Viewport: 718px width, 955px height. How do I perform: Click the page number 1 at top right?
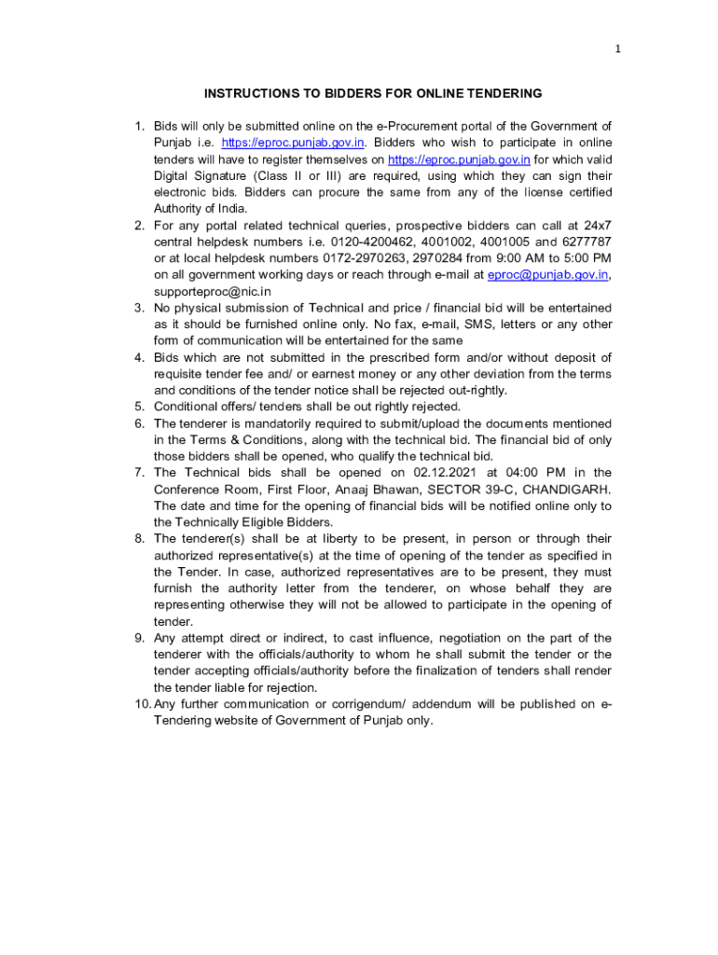click(x=617, y=49)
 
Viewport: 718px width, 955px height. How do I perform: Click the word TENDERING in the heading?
click(x=500, y=93)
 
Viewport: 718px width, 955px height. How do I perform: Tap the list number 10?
click(x=142, y=704)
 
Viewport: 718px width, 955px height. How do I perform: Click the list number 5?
click(x=139, y=407)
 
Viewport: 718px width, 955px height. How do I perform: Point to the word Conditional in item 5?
click(x=187, y=407)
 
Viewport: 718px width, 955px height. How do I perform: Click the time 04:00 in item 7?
click(x=518, y=473)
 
